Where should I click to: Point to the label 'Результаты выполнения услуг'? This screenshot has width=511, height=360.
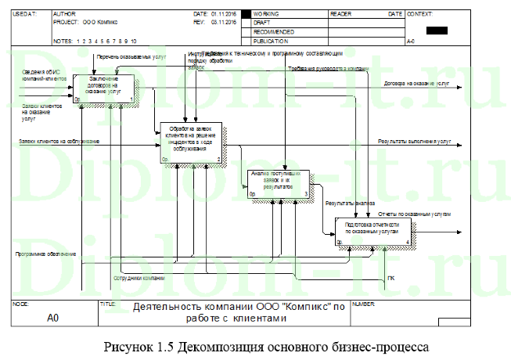[x=414, y=142]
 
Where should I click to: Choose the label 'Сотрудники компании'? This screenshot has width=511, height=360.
[x=139, y=278]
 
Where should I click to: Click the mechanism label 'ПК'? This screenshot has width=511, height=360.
[x=390, y=279]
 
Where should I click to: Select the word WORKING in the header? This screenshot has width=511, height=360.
[x=266, y=15]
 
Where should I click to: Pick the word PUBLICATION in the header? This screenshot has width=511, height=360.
[x=271, y=38]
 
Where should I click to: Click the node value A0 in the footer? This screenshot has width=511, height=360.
[x=53, y=318]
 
